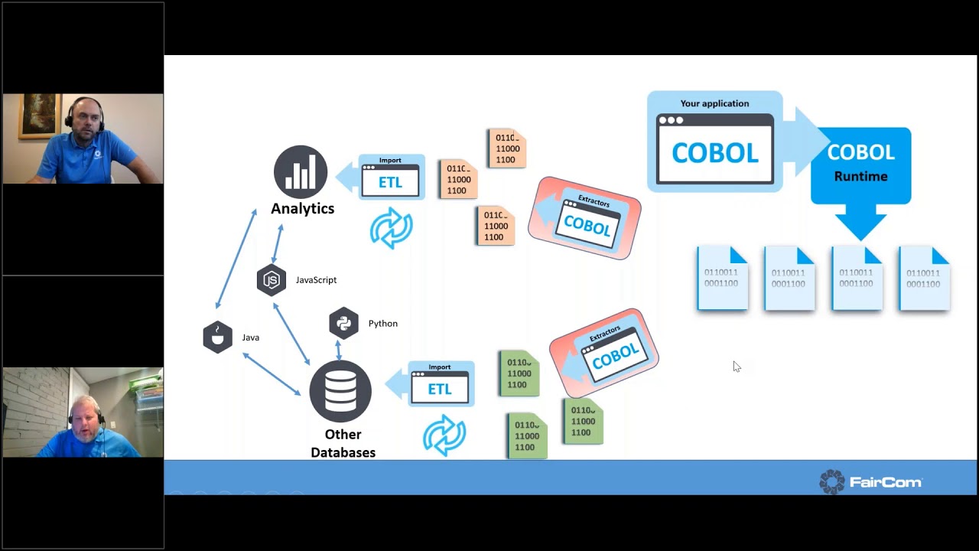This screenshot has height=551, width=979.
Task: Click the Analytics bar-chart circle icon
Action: click(x=301, y=172)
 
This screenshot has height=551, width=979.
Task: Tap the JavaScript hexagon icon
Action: click(x=272, y=280)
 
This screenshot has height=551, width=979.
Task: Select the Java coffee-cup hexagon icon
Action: click(x=217, y=337)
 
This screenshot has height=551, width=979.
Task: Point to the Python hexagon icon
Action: click(x=343, y=323)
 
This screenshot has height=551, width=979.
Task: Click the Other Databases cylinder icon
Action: click(x=340, y=391)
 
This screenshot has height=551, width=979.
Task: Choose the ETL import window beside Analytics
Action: click(x=391, y=178)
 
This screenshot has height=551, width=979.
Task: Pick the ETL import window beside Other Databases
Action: click(x=440, y=384)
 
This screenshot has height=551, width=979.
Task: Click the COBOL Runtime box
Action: click(x=860, y=165)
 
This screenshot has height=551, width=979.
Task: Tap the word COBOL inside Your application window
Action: click(x=714, y=153)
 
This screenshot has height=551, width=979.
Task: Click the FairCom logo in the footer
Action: click(x=870, y=481)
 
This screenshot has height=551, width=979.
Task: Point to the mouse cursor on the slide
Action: click(x=736, y=367)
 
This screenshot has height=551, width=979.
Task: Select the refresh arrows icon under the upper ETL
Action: click(x=391, y=227)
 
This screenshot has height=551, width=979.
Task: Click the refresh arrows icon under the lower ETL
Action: click(x=444, y=435)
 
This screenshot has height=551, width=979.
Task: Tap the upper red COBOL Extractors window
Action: click(x=585, y=218)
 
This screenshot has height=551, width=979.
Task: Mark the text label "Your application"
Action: click(x=714, y=103)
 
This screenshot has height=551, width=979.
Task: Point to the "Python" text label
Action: click(x=382, y=324)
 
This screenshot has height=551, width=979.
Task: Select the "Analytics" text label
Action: click(x=302, y=208)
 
